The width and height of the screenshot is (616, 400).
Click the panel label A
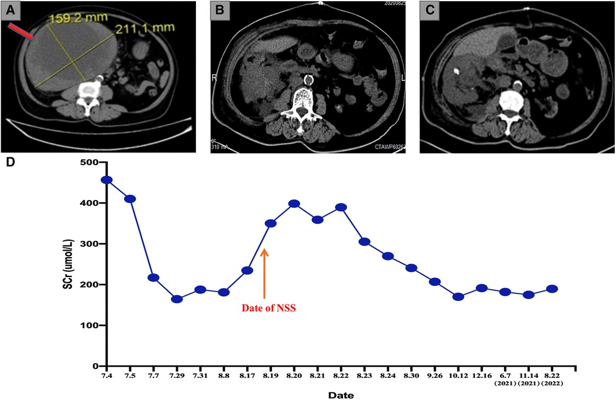tap(12, 10)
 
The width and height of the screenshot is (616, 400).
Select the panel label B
tap(220, 10)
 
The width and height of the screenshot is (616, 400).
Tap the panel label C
tap(429, 10)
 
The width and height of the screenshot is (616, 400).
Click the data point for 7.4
tap(106, 180)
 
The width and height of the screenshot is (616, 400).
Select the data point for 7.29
tap(177, 299)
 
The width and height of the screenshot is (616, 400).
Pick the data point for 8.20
tap(294, 203)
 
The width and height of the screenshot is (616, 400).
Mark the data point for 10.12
tap(459, 297)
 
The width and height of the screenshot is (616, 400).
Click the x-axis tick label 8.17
tap(247, 376)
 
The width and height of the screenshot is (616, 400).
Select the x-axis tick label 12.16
tap(482, 376)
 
